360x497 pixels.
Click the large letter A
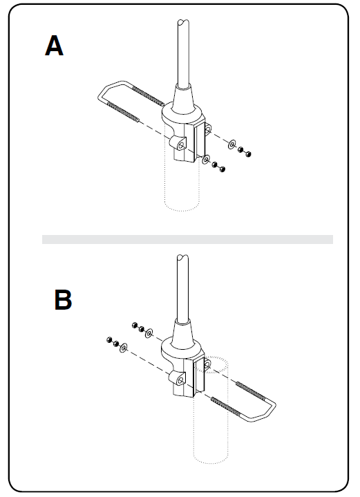coord(54,46)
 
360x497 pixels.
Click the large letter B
coord(63,299)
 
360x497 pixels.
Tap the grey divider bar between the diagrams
coord(188,239)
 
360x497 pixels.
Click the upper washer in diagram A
coord(232,144)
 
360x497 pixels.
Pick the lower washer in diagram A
coord(207,159)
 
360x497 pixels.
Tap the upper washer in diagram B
coord(149,333)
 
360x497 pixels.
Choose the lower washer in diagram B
coord(124,348)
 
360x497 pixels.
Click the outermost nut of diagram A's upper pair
coord(249,154)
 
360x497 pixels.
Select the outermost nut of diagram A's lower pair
coord(222,169)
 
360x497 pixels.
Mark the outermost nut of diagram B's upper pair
coord(134,325)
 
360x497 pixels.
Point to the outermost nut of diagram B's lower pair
coord(110,340)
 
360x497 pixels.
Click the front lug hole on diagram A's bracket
coord(181,145)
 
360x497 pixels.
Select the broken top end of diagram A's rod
coord(183,22)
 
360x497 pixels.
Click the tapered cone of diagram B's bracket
coord(183,332)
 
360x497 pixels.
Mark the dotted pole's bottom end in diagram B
coord(211,459)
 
